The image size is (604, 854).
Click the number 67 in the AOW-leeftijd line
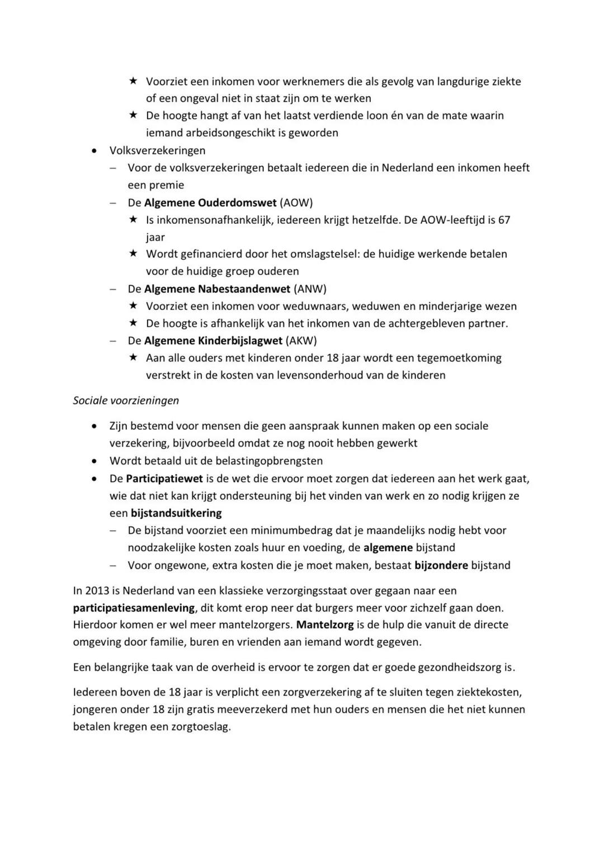(504, 220)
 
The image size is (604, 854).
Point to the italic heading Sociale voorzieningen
(126, 400)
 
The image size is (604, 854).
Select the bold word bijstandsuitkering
(176, 513)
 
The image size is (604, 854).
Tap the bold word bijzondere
(441, 565)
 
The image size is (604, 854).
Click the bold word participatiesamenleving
(134, 608)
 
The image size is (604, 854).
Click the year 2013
(97, 590)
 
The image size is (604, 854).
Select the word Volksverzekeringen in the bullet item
(157, 151)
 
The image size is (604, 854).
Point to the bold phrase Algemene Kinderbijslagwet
(213, 340)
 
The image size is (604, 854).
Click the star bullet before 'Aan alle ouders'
(133, 357)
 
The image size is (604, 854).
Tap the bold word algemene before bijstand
(388, 548)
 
